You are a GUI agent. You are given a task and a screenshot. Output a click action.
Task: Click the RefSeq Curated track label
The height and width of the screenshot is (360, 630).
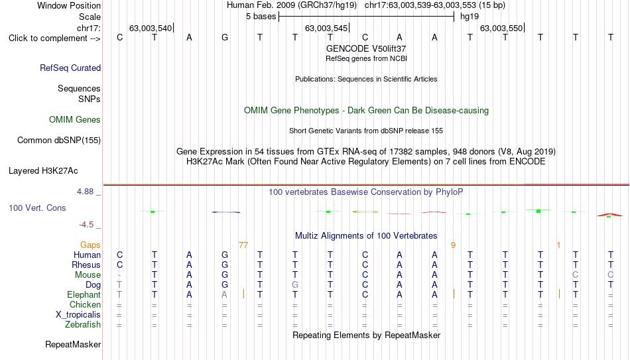point(70,68)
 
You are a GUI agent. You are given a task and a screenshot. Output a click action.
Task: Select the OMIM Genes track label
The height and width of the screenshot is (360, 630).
point(75,120)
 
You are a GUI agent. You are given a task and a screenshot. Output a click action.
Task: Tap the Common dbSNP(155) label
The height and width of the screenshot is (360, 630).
point(59,141)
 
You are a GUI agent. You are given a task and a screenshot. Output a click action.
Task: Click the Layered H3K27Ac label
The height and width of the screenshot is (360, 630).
point(43,171)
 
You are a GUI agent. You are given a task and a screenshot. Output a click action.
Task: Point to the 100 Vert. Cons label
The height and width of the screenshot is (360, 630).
point(37,208)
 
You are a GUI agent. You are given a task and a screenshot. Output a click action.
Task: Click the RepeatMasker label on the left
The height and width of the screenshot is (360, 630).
point(73,344)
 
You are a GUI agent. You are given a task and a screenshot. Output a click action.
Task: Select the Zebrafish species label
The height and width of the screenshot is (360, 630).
point(83,324)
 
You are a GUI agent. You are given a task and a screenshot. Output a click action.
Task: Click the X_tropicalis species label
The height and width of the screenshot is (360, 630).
point(78,315)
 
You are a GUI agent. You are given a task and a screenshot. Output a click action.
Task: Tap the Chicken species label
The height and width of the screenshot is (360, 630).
point(85,304)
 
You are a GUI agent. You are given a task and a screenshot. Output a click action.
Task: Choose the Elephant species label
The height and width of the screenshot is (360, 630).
point(84,294)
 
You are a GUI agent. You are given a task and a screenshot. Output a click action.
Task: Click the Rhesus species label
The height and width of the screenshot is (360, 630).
point(86,265)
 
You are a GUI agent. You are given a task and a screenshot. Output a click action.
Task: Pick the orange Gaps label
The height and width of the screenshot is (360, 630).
point(90,245)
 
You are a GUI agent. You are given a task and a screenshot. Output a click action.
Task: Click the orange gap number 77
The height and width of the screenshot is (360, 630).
point(243,245)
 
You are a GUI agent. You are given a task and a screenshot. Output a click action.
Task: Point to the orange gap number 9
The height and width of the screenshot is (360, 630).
point(453,245)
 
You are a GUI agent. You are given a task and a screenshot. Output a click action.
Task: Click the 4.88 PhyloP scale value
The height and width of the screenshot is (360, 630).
point(85,192)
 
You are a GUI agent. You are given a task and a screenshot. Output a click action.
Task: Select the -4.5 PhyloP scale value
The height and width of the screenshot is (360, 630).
point(86,225)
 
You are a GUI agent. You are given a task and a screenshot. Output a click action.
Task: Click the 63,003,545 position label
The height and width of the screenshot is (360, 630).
point(326,28)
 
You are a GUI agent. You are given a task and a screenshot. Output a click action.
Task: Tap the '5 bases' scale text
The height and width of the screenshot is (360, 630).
point(261,17)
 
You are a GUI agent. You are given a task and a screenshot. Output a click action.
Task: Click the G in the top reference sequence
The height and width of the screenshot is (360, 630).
point(225,37)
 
